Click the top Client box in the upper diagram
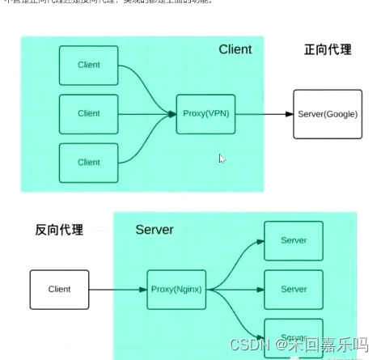coord(88,65)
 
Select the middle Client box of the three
coord(88,114)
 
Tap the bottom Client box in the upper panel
coord(88,162)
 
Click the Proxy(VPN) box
coord(205,114)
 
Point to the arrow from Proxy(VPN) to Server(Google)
coord(264,114)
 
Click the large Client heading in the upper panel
coord(235,49)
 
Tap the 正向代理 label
coord(328,50)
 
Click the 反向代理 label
coord(59,229)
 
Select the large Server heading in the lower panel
coord(155,230)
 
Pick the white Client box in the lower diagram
coord(60,289)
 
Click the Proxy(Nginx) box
coord(176,289)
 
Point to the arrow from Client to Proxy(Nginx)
coord(118,289)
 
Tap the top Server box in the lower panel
coord(293,241)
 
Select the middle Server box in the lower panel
coord(293,289)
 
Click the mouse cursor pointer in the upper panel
coord(222,159)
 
